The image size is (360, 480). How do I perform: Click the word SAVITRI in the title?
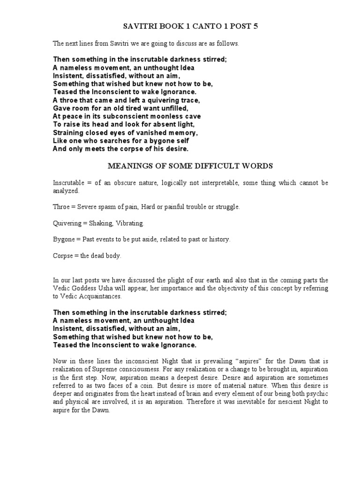[135, 27]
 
